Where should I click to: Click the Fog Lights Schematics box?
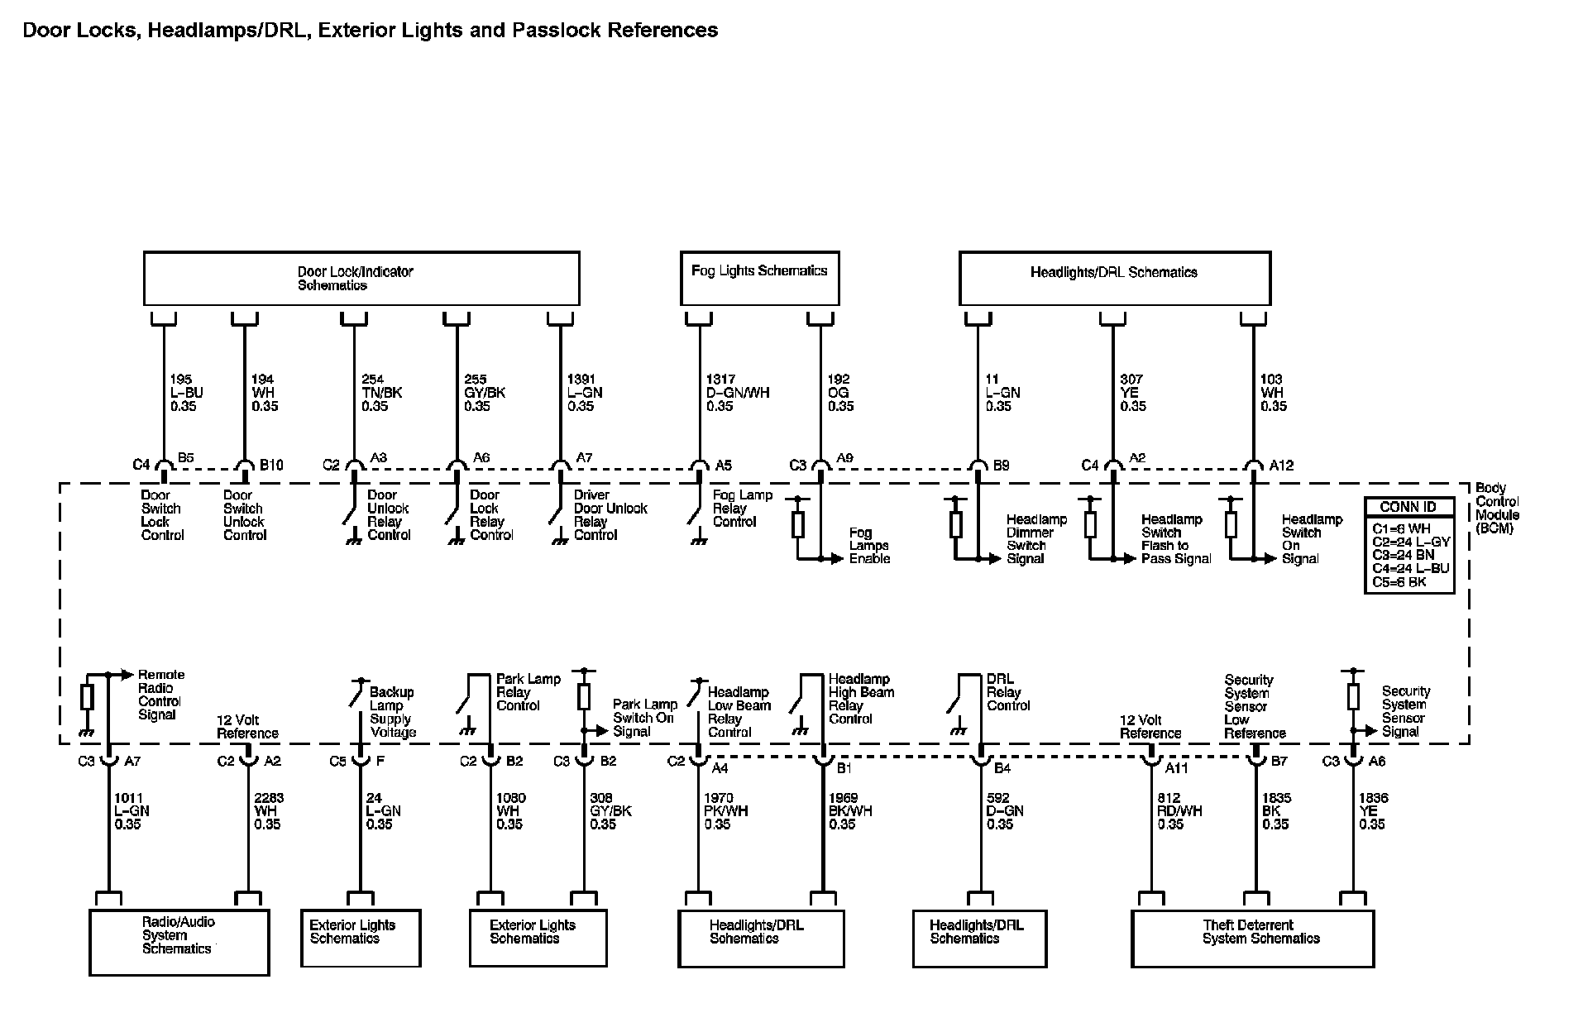[759, 279]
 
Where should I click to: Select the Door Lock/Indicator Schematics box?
[361, 279]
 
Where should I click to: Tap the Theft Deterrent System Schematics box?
[1252, 939]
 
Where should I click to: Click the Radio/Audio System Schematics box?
[179, 943]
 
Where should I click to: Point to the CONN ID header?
[1408, 507]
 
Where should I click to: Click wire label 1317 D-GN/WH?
[737, 393]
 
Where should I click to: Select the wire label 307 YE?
[1133, 393]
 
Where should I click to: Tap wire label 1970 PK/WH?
[725, 811]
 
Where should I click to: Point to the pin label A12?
[1281, 466]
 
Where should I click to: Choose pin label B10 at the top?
[271, 466]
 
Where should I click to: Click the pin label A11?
[1176, 768]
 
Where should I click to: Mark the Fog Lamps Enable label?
[869, 546]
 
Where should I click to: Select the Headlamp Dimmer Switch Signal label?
[1036, 539]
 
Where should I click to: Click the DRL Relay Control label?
[1007, 692]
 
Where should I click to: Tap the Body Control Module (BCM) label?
[1497, 508]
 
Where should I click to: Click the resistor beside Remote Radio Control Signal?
[87, 698]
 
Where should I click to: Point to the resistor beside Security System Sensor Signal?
[1353, 696]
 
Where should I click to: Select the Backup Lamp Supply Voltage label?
[392, 712]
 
